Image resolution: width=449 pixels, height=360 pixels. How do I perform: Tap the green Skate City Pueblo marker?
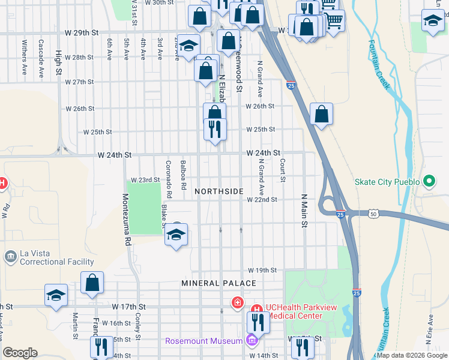(429, 181)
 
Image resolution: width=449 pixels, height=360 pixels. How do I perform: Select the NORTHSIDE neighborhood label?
(219, 191)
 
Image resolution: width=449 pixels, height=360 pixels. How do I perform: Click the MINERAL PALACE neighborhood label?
(212, 283)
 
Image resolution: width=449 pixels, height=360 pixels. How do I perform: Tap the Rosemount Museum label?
(204, 341)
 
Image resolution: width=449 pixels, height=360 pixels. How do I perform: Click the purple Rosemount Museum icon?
(252, 341)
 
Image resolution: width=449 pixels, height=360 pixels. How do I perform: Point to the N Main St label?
(304, 211)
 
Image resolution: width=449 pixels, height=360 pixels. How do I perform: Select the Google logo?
(20, 352)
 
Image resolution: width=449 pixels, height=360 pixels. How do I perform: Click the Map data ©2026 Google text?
(411, 355)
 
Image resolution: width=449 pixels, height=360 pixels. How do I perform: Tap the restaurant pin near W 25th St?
(214, 128)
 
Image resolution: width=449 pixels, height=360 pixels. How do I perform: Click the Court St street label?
(282, 170)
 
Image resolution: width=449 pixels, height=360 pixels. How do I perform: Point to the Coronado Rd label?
(169, 179)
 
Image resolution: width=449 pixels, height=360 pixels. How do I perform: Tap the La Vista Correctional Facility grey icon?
(10, 257)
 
